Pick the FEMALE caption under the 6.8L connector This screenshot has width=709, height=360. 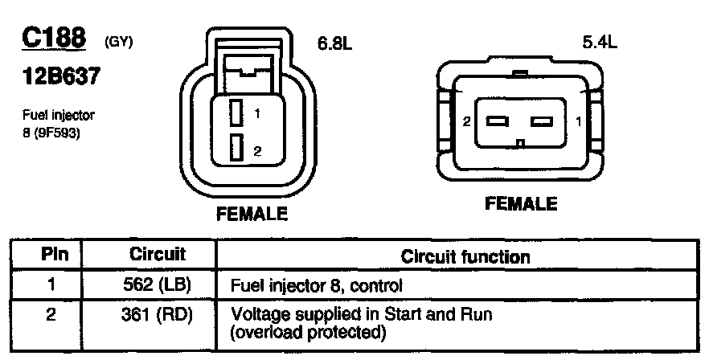[252, 215]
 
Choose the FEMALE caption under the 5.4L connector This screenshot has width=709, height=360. [521, 203]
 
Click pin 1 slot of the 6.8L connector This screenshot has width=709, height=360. [236, 112]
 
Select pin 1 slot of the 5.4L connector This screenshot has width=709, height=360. [543, 121]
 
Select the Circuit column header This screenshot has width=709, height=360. [158, 256]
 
